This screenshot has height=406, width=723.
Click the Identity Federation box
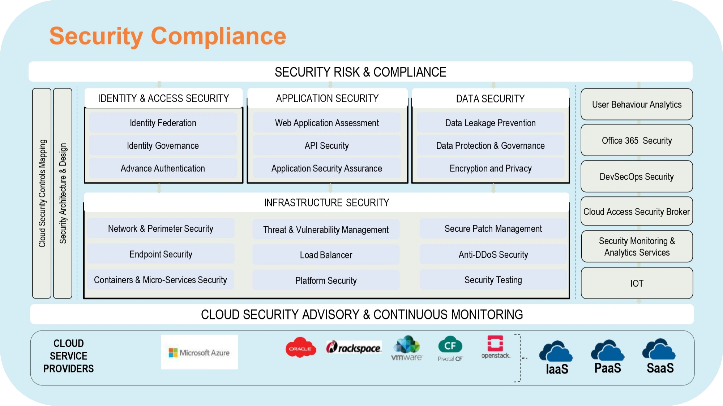163,123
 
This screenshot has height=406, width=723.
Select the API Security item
327,146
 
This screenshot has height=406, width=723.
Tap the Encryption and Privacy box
491,169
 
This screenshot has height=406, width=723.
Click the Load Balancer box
326,255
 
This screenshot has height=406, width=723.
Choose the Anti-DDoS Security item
493,255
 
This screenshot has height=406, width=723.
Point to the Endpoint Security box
161,254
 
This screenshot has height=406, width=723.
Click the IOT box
637,283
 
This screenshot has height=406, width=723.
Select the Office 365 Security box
637,140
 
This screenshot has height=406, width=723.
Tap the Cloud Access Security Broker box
637,212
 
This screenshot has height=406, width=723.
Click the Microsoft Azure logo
200,352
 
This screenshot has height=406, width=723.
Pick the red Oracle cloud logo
301,348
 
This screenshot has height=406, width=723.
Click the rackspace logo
354,348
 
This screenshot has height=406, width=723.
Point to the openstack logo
495,347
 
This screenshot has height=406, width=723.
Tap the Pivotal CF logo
450,349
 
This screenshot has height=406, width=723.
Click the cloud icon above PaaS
608,351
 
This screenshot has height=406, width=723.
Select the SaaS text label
660,368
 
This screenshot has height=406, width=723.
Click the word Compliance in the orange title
218,36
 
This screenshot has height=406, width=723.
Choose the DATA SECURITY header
490,99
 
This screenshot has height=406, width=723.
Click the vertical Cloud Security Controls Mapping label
42,193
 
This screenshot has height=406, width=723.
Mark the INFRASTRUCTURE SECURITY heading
326,203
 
